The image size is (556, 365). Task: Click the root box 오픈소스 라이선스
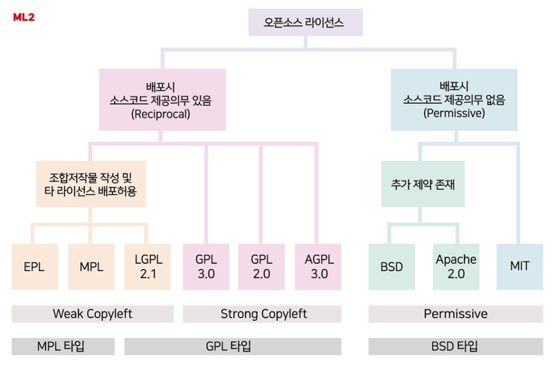click(x=304, y=23)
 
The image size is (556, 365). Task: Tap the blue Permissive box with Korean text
click(x=454, y=100)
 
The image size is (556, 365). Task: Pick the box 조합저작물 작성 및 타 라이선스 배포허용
click(x=91, y=185)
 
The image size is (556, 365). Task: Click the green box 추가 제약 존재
click(x=423, y=184)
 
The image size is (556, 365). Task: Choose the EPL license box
click(x=34, y=266)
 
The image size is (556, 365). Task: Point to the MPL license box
click(x=91, y=266)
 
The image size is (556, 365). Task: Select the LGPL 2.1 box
click(x=148, y=266)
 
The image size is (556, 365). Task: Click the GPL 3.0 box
click(x=205, y=266)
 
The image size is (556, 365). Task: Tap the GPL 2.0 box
click(x=261, y=266)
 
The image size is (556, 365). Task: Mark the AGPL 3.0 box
click(x=318, y=266)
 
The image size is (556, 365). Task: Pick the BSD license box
click(x=392, y=266)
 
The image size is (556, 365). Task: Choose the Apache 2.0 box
click(x=456, y=266)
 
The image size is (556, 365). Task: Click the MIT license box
click(x=519, y=266)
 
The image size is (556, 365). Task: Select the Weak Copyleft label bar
click(x=93, y=314)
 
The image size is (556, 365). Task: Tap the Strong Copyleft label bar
click(x=262, y=314)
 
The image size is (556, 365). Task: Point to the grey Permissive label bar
click(x=455, y=314)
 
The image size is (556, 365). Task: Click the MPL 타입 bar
click(x=64, y=346)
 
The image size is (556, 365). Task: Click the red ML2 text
click(x=24, y=17)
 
